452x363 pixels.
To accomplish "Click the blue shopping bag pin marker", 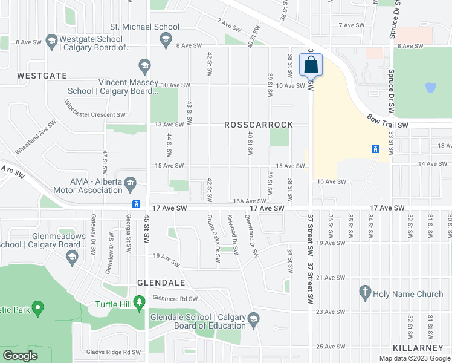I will click(311, 65).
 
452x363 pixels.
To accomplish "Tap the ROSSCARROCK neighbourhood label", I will click(259, 125).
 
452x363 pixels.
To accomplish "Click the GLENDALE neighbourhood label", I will click(160, 283).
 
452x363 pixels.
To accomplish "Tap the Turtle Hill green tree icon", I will click(140, 301).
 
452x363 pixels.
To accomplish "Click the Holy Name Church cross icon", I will click(364, 293).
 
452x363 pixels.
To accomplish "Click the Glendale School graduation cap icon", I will click(254, 319).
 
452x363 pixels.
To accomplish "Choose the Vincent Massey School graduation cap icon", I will click(144, 65).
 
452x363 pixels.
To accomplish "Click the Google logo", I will click(21, 355).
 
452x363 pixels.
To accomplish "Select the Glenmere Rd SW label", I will click(175, 298).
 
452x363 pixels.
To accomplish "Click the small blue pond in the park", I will click(430, 88).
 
